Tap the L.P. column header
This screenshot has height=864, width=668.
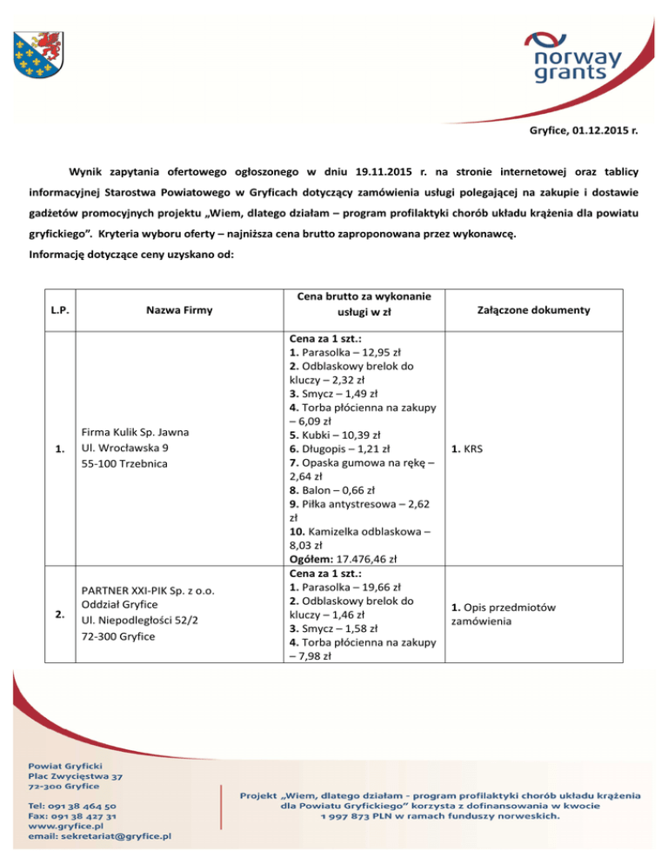57,310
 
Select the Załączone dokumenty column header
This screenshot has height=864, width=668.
535,310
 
